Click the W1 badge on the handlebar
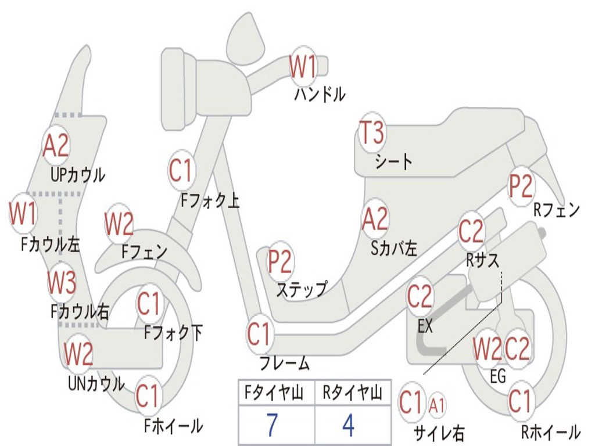[303, 66]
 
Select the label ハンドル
[320, 94]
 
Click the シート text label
[393, 161]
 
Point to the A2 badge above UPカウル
[56, 146]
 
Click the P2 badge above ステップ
[280, 261]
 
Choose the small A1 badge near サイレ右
[437, 405]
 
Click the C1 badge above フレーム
[260, 334]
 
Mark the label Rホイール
[550, 431]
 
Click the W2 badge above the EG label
[487, 350]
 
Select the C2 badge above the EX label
[420, 297]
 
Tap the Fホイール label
[173, 426]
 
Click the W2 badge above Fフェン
[119, 224]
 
